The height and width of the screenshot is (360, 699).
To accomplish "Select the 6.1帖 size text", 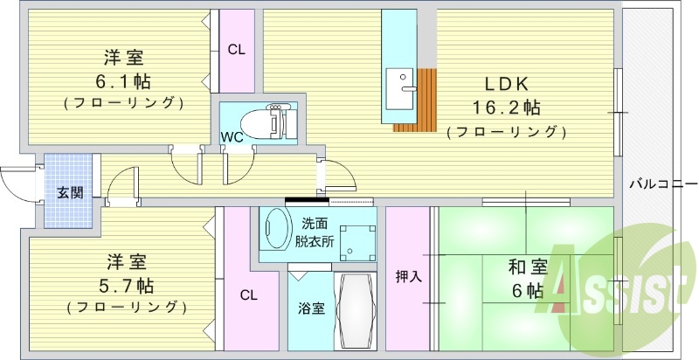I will click(x=123, y=81).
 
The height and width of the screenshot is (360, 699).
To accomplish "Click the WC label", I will click(x=232, y=136).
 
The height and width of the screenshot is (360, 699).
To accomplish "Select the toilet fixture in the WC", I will click(x=270, y=121).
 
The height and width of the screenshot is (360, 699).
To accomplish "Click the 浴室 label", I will click(x=311, y=308).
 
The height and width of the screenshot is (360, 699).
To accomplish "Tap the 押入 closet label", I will click(x=408, y=277).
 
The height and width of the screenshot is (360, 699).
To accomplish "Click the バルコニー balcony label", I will click(x=662, y=184).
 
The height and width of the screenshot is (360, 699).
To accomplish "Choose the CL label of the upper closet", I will click(x=236, y=50).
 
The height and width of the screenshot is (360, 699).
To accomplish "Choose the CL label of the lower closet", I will click(x=249, y=294).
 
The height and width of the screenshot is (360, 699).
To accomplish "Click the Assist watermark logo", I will click(x=621, y=279).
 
